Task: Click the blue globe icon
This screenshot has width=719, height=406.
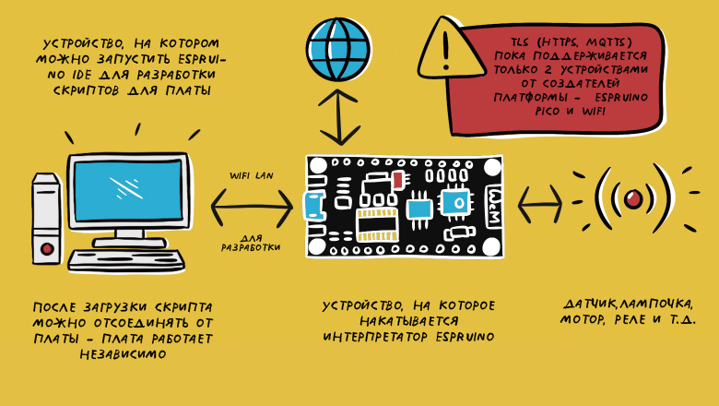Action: [338, 40]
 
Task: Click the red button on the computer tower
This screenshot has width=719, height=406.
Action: [47, 247]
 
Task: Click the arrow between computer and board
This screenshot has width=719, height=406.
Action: [252, 207]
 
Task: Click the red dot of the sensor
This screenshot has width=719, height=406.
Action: [633, 197]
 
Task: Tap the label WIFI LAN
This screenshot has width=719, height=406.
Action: [252, 173]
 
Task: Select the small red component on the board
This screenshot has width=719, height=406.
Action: [397, 179]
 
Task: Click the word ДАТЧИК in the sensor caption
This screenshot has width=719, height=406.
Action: [587, 304]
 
